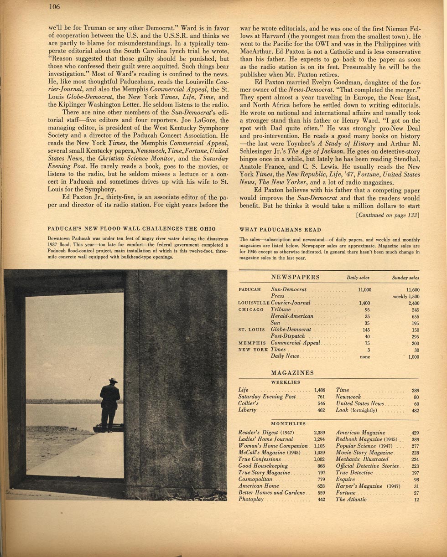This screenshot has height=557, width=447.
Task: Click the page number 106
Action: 54,6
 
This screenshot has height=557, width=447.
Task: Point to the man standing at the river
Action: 110,403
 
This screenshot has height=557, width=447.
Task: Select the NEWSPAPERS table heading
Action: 295,277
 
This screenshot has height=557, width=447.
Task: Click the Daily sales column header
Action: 358,278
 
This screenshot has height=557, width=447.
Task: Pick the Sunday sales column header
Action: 405,278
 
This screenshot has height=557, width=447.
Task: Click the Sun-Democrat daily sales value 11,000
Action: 365,289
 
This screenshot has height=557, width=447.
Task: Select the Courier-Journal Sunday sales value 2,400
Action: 413,303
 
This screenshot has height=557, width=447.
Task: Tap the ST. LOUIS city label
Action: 252,330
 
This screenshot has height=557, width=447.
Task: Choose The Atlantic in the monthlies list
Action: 351,500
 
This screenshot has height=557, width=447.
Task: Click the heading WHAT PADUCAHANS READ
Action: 280,230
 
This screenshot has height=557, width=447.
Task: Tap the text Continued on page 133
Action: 387,215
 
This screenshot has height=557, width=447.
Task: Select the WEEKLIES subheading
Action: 286,382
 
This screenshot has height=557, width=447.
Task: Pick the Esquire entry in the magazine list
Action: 345,480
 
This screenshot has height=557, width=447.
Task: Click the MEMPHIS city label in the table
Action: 252,343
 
